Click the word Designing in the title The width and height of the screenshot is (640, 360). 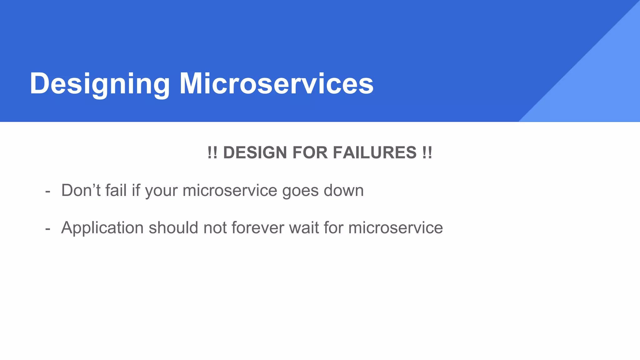pos(99,84)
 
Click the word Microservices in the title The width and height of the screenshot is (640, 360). pos(276,84)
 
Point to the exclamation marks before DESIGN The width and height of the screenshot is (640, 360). pos(212,153)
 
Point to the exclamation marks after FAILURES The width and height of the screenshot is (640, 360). pos(427,153)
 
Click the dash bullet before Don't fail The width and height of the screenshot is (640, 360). pos(48,191)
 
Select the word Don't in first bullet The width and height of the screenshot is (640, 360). pos(81,190)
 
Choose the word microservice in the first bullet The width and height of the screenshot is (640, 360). pos(230,190)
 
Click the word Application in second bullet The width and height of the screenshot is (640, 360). pos(102,228)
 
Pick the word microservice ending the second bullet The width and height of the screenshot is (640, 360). pos(396,227)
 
